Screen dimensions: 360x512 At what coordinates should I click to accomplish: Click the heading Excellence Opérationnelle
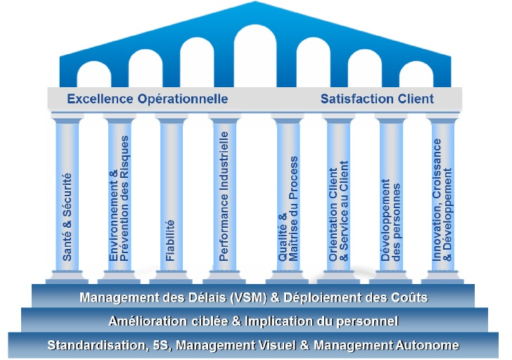[147, 99]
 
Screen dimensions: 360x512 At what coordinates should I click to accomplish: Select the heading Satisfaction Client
[377, 99]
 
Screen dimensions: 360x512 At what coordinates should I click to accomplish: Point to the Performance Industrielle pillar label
[224, 200]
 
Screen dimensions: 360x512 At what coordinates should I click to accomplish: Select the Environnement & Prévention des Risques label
[120, 201]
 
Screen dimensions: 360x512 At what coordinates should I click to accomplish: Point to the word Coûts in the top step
[409, 297]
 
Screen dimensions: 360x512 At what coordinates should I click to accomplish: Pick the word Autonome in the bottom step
[430, 345]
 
